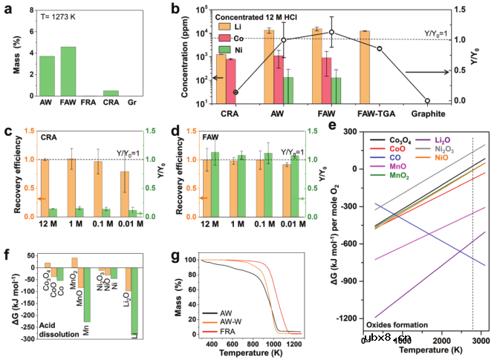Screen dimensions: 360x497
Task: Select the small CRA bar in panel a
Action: (x=111, y=94)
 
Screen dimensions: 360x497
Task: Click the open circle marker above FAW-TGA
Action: (x=380, y=49)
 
